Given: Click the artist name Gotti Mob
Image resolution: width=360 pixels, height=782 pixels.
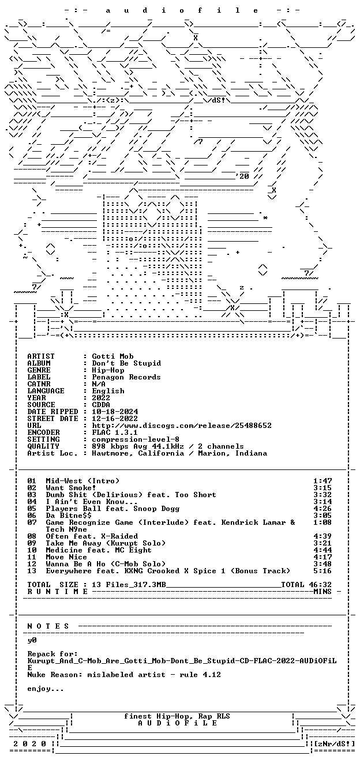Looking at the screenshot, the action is click(x=112, y=356).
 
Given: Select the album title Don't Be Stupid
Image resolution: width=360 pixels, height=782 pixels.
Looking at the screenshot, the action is click(x=126, y=363).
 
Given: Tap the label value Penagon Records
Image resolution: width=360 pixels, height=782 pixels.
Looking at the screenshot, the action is click(x=126, y=377).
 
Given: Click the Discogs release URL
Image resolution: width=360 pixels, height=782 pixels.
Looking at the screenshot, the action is click(x=182, y=426).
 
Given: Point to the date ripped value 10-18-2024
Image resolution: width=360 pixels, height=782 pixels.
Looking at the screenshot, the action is click(x=115, y=412).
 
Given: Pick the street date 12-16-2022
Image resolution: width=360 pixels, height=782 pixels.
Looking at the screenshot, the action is click(x=115, y=419).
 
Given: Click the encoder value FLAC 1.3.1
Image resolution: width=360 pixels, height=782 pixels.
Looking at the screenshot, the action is click(x=115, y=433).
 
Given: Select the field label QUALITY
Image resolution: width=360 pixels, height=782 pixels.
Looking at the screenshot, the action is click(x=43, y=446).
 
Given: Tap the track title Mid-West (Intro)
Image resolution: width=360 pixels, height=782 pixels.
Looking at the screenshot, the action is click(x=82, y=481).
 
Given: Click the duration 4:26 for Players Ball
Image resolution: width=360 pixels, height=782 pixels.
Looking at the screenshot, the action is click(x=322, y=509).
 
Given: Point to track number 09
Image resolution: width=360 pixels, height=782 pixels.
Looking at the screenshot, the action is click(x=32, y=543).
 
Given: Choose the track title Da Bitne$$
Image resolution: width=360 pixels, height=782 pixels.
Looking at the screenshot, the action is click(x=69, y=516).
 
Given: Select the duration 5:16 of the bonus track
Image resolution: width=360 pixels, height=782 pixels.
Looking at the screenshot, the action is click(x=322, y=571).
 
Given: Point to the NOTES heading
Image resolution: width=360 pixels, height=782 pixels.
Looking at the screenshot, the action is click(x=48, y=626).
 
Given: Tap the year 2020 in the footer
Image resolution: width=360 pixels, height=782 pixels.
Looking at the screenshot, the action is click(x=29, y=744).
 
